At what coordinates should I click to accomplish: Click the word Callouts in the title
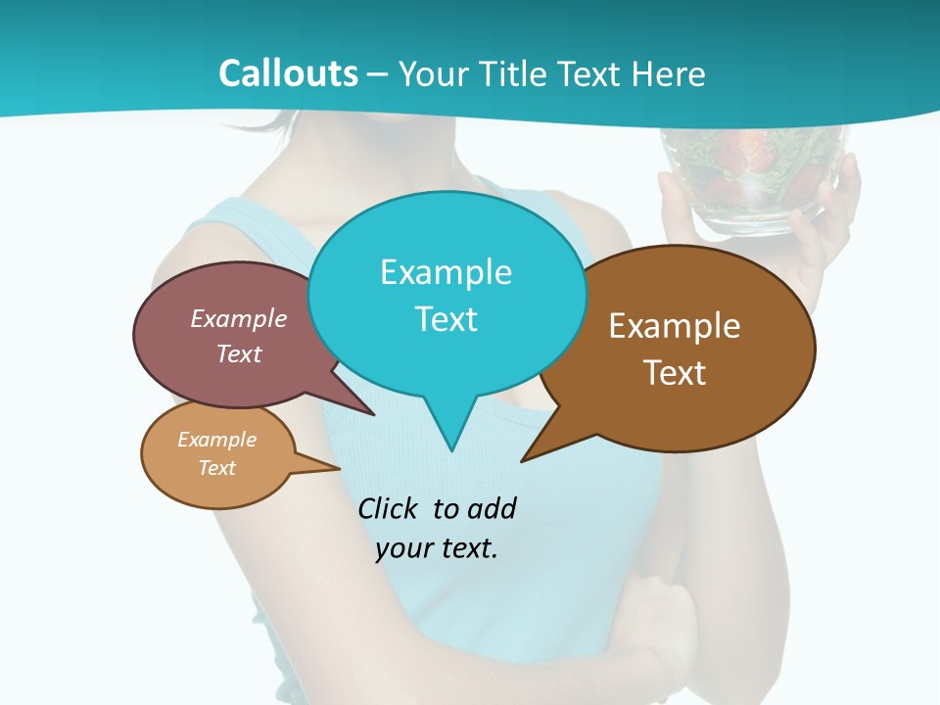[x=288, y=73]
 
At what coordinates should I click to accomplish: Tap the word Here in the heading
[x=669, y=73]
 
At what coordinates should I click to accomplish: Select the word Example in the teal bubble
[x=446, y=272]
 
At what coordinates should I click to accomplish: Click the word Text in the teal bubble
[x=446, y=319]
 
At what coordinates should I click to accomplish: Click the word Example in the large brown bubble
[x=675, y=326]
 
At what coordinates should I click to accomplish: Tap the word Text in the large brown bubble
[x=675, y=373]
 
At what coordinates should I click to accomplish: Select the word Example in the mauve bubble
[x=238, y=318]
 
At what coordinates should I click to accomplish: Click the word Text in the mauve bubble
[x=238, y=353]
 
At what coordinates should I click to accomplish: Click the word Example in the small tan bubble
[x=216, y=440]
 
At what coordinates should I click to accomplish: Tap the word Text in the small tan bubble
[x=216, y=468]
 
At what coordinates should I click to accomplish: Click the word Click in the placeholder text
[x=390, y=508]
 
